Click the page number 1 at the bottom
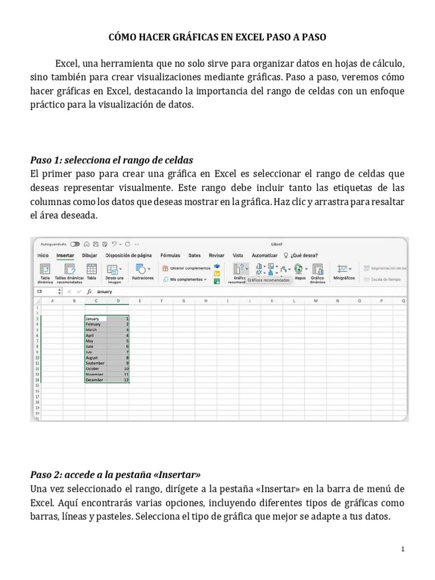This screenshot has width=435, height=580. [x=402, y=549]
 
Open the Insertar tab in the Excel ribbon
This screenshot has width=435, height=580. [x=65, y=255]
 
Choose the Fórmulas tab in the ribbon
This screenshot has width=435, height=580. [x=170, y=255]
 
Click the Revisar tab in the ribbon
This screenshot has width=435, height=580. [x=216, y=255]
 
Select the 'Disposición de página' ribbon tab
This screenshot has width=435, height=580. [x=129, y=255]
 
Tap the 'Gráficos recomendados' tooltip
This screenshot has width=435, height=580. [x=268, y=280]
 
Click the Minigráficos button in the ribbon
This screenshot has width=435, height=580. [x=344, y=272]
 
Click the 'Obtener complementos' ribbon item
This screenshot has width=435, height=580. [x=190, y=268]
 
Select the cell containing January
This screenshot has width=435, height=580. [x=95, y=319]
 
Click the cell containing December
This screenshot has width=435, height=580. [x=95, y=380]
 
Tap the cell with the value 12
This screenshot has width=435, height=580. [x=118, y=380]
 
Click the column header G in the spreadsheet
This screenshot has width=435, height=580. [x=184, y=301]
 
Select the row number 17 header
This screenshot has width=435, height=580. [x=37, y=397]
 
